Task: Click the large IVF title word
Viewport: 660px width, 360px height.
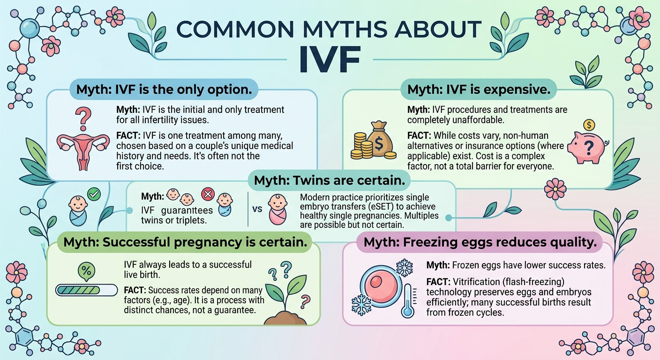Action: point(330,59)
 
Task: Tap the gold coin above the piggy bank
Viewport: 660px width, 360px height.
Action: point(589,125)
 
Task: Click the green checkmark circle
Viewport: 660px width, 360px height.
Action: point(94,195)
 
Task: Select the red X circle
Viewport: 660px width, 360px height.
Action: point(208,194)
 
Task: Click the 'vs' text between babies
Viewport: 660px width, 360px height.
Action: point(257,209)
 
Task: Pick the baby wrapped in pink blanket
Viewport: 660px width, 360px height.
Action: point(277,210)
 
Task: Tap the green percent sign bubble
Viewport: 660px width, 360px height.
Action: point(86,271)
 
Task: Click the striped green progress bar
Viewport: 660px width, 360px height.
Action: point(86,290)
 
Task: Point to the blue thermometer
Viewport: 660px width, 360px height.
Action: point(408,300)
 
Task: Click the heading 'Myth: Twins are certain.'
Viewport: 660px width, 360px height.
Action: point(330,180)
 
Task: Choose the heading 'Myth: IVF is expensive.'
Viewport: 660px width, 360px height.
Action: point(479,89)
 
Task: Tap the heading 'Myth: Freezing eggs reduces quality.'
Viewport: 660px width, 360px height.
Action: point(480,242)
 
